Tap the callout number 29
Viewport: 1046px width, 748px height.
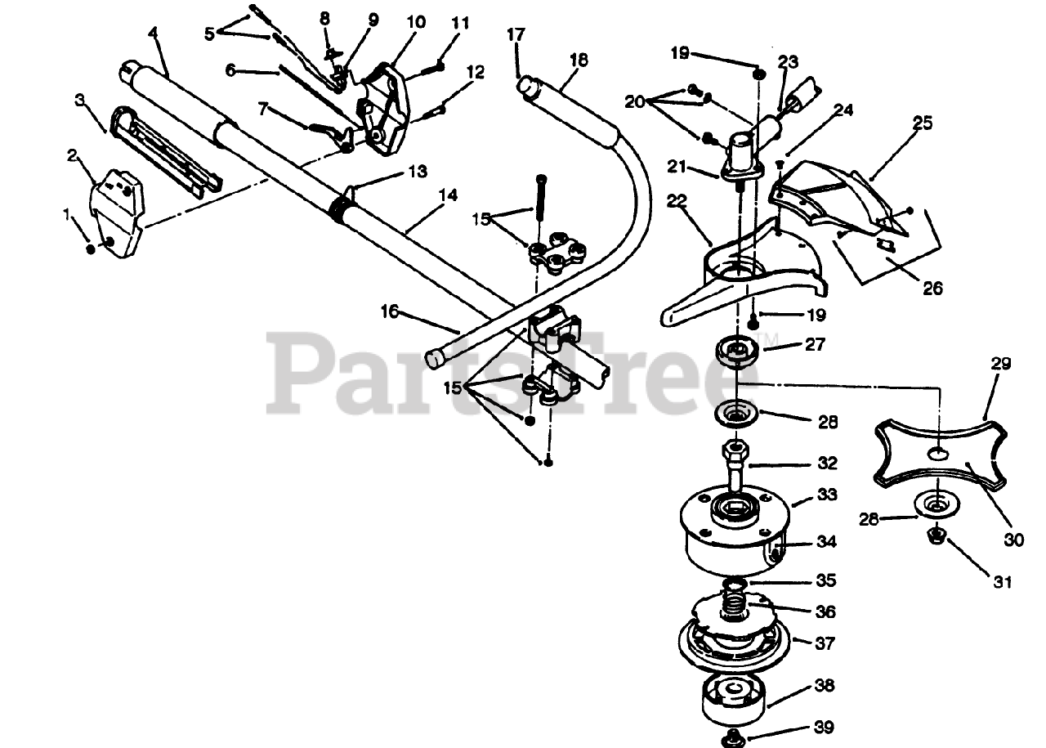coord(1001,365)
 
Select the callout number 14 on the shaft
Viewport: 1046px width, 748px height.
coord(448,196)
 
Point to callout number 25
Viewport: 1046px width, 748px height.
coord(922,123)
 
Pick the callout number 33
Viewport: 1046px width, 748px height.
coord(827,495)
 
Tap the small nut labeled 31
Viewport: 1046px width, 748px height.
coord(936,537)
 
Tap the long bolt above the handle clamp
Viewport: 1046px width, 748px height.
coord(540,200)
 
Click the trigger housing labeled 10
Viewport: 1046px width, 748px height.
coord(384,106)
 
